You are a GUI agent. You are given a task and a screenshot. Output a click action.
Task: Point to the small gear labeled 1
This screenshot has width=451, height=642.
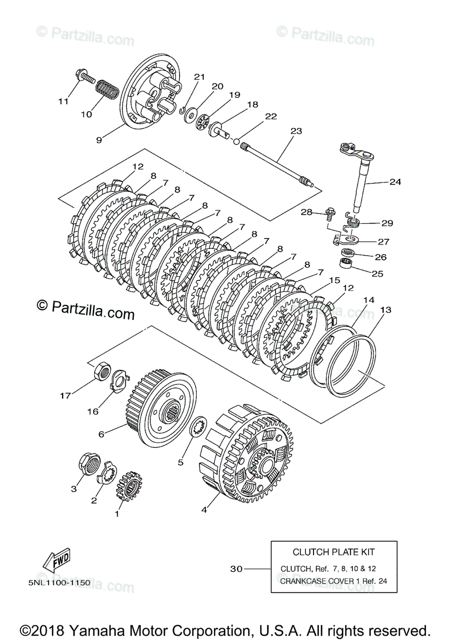click(127, 485)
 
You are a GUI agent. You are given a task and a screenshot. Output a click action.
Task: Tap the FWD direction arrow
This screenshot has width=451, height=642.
click(56, 560)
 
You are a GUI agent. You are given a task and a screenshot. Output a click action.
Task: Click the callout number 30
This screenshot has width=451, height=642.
click(236, 569)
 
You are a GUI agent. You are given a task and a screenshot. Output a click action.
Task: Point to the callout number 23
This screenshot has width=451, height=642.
click(296, 131)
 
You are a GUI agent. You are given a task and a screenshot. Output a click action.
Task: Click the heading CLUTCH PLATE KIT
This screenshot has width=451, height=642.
click(333, 552)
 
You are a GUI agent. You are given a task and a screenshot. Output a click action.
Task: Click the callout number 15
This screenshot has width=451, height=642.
click(334, 280)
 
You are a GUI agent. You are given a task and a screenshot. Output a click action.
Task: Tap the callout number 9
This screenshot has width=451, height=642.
click(99, 140)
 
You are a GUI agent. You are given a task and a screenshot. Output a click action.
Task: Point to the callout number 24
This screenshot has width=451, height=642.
click(395, 182)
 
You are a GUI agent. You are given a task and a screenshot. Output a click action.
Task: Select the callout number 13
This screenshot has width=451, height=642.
click(386, 310)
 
